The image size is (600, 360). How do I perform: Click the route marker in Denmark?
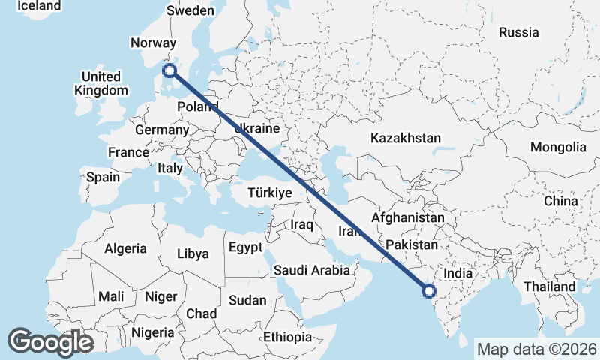coord(169,70)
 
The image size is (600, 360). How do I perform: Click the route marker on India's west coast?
coord(429,290)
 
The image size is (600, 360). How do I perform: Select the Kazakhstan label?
coord(405,138)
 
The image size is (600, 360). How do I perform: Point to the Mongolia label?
coord(558,147)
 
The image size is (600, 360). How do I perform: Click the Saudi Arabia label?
coord(312,270)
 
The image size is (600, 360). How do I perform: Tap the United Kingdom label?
coord(101,83)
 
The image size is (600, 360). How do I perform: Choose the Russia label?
coord(519,32)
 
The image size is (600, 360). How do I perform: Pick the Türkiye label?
coord(268,193)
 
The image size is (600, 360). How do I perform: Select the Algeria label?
coord(126,248)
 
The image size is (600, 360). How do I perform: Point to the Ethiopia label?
coord(287,337)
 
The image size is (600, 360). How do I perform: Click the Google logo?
coord(50,341)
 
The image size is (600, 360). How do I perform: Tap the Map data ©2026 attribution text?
coord(537,349)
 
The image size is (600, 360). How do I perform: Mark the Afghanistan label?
coord(408,217)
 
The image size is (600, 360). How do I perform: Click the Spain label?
coord(103,178)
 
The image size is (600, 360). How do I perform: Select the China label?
coord(561,202)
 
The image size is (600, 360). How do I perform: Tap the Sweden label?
coord(190,10)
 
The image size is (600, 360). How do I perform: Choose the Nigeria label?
coord(152,331)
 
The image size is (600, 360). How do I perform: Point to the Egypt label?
coord(246,247)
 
